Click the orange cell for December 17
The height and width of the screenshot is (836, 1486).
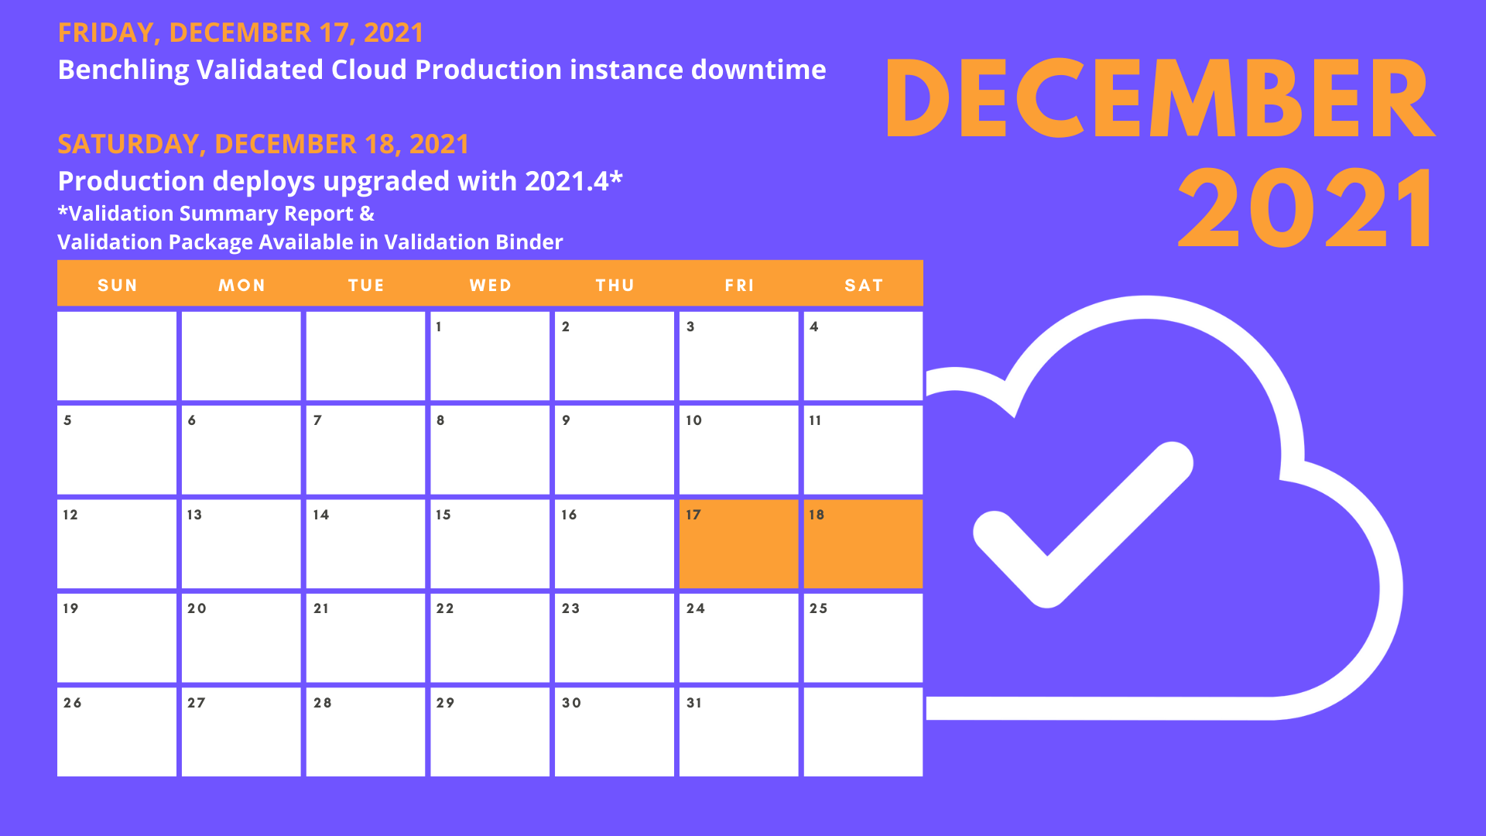[738, 543]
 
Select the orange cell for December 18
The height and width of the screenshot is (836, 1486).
[863, 543]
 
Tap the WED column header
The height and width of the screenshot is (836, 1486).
[491, 285]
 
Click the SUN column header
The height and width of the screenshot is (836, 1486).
[118, 285]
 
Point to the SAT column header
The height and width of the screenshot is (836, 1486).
[864, 285]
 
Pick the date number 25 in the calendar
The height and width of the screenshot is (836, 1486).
[818, 608]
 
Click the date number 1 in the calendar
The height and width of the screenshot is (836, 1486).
[439, 327]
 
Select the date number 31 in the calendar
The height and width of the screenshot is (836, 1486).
[694, 703]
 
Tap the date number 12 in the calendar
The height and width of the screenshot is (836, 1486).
[70, 515]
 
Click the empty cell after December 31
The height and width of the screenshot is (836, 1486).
[863, 731]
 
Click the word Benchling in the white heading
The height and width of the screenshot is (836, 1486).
[123, 70]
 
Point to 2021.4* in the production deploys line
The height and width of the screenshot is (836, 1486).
[574, 181]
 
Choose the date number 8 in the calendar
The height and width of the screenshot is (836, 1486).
[440, 420]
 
